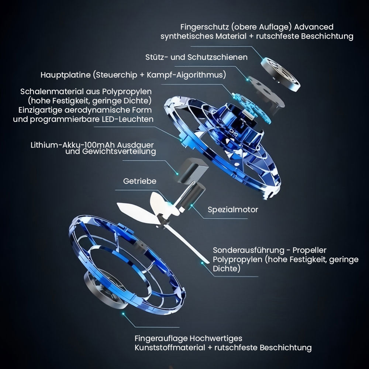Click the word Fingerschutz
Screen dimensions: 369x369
204,27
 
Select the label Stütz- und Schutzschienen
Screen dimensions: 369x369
196,57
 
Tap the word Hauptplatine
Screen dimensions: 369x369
65,75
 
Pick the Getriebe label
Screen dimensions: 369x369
140,181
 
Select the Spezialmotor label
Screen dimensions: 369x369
233,210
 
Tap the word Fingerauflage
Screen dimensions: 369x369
161,338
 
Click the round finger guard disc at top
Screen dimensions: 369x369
280,75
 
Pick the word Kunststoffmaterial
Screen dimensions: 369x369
170,348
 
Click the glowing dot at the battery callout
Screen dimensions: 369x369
177,174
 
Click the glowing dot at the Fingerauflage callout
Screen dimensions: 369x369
123,314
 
